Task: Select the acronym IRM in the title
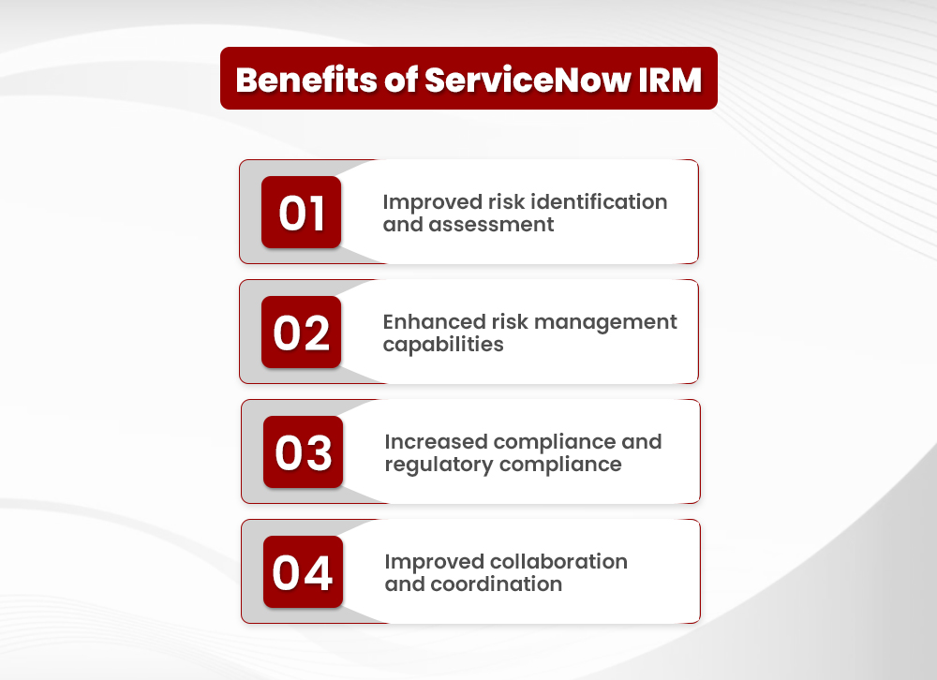click(668, 80)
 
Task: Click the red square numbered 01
click(301, 213)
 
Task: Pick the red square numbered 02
click(301, 333)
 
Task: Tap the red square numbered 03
click(303, 452)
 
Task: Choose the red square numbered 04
click(303, 572)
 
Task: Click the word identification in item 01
click(599, 202)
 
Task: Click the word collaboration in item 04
click(558, 562)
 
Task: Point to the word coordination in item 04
click(498, 584)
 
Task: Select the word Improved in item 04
click(433, 562)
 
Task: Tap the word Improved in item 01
click(431, 202)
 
